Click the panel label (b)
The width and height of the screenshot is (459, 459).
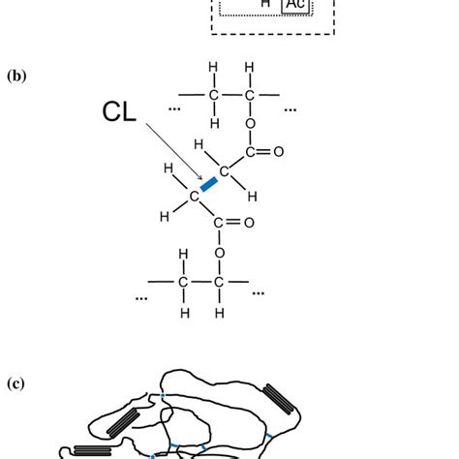[x=15, y=75]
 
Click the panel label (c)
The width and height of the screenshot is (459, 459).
[x=15, y=384]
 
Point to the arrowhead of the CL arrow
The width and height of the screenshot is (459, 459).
[x=200, y=180]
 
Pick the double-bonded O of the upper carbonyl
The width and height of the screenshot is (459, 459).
[x=278, y=152]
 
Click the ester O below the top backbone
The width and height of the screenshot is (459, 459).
[x=249, y=124]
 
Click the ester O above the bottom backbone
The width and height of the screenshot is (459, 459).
[x=220, y=254]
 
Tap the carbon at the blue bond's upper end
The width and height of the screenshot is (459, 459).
[x=224, y=172]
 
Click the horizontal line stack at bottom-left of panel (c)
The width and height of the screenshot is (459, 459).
[x=88, y=449]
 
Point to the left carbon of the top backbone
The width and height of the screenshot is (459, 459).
[x=212, y=95]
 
